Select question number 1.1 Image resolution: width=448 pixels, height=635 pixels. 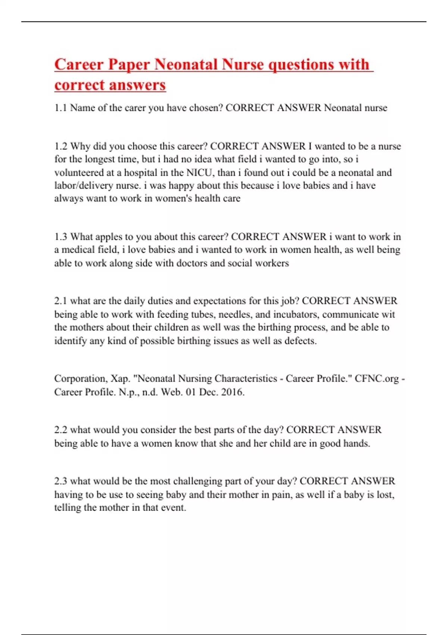[x=60, y=108]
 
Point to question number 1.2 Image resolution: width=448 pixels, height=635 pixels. [x=61, y=146]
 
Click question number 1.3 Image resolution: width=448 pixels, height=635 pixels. [x=61, y=237]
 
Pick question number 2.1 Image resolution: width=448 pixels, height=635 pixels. [x=60, y=301]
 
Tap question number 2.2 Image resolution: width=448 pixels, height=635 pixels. [x=60, y=430]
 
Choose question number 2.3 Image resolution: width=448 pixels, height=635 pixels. [x=60, y=481]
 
